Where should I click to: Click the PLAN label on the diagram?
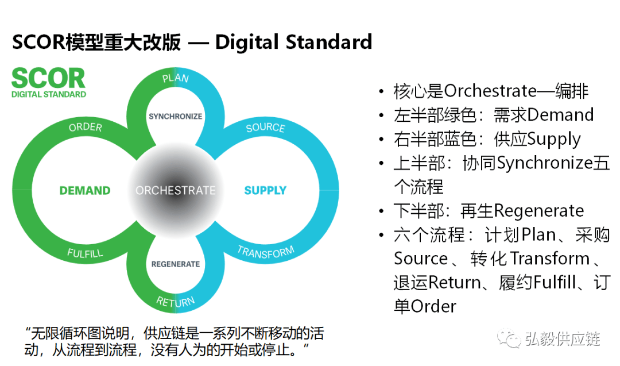coord(175,78)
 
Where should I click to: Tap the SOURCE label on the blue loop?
coord(265,128)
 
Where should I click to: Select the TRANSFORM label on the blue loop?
coord(266,252)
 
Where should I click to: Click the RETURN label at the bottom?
coord(176,301)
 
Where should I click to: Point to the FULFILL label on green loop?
coord(86,252)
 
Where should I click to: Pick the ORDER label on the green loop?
coord(86,128)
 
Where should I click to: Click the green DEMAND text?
coord(85,190)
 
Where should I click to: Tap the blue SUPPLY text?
coord(265,190)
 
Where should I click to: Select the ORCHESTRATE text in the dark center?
coord(175,190)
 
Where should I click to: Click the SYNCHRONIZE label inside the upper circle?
coord(175,116)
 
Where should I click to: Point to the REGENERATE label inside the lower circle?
coord(176,264)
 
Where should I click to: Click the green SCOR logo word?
coord(48,78)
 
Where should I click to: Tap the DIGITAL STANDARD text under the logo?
coord(49,94)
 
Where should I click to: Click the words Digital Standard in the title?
coord(293,42)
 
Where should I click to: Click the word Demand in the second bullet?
coord(560,115)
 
